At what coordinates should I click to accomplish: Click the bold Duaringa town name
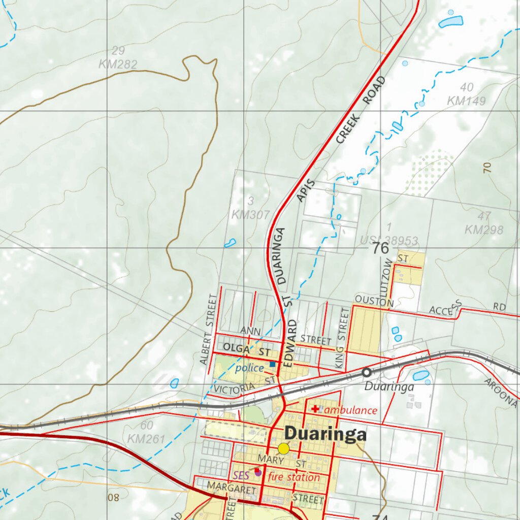click(325, 434)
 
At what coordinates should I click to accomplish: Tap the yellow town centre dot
click(283, 448)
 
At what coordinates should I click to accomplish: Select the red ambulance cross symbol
click(315, 408)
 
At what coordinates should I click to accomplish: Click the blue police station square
click(273, 364)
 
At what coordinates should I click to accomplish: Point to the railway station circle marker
click(366, 372)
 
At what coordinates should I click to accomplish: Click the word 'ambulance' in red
click(351, 410)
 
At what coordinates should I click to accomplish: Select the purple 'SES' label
click(241, 476)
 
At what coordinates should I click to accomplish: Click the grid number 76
click(380, 248)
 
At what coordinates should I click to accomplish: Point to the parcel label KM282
click(118, 64)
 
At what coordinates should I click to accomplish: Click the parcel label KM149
click(466, 101)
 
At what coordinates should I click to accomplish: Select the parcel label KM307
click(250, 215)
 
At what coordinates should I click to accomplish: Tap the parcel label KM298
click(484, 230)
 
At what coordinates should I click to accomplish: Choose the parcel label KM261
click(146, 438)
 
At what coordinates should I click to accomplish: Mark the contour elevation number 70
click(487, 168)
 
